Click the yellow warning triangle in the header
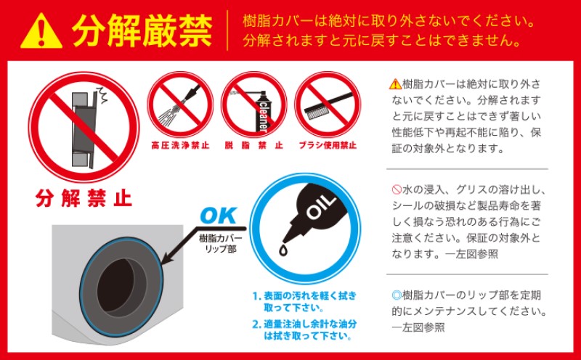[41, 31]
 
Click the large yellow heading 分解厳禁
[142, 31]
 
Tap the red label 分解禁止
[84, 198]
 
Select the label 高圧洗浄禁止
[180, 145]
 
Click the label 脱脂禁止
[253, 145]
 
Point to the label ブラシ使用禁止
[328, 145]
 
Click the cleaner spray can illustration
[262, 111]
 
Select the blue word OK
[219, 216]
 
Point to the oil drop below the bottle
[283, 250]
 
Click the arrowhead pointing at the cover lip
[166, 258]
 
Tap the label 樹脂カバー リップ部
[221, 242]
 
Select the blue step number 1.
[256, 296]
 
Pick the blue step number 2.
[256, 324]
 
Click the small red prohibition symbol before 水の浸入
[397, 189]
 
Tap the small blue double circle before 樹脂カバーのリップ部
[397, 295]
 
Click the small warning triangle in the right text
[395, 84]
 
